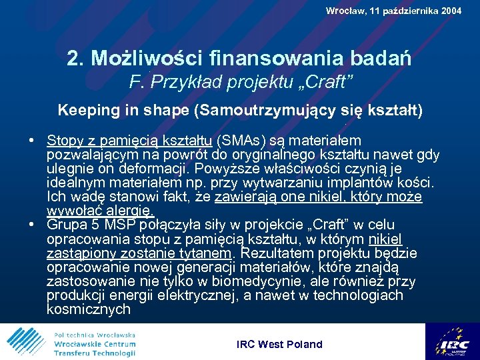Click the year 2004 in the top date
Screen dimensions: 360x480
(450, 11)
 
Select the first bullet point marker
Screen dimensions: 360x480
(32, 141)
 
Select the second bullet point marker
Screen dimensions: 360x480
(32, 225)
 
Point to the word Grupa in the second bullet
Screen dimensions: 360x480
(66, 225)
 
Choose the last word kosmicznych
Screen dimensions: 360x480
(89, 309)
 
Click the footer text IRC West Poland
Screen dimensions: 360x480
(279, 344)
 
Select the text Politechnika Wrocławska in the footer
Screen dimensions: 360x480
(95, 334)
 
